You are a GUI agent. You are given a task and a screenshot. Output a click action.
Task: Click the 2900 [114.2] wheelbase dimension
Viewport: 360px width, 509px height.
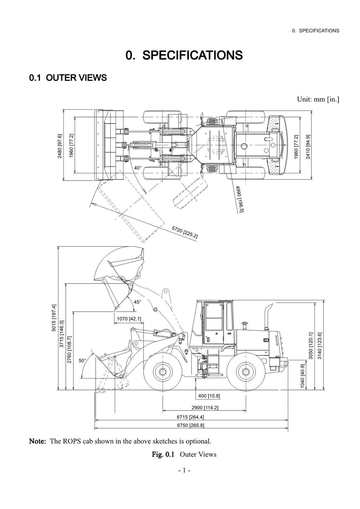205,407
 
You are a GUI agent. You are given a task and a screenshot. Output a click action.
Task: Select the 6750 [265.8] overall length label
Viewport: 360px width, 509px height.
191,425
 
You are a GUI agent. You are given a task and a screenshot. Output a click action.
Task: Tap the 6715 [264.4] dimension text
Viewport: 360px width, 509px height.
191,417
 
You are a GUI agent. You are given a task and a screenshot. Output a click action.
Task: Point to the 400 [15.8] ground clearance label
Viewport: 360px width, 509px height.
209,396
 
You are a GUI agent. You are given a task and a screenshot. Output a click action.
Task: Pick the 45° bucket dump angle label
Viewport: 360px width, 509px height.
137,301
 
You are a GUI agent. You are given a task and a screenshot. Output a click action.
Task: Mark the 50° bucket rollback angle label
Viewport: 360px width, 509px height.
82,360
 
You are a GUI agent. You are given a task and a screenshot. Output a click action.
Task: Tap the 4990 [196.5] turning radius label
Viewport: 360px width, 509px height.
240,199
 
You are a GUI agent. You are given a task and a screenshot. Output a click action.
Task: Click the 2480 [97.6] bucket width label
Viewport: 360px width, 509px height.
59,146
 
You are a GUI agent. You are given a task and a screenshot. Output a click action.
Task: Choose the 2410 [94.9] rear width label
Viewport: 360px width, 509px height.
308,147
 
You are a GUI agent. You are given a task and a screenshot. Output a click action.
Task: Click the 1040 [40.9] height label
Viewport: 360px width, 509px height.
303,376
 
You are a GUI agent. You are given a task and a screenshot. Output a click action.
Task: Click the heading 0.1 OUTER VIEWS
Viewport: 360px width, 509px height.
68,78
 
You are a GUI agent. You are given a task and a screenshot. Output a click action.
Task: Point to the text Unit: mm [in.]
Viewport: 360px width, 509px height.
318,99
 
